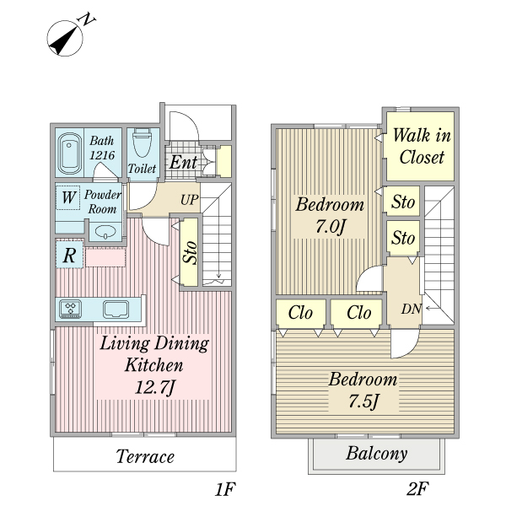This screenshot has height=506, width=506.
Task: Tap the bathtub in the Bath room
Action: [69, 153]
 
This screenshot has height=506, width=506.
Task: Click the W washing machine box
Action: [68, 197]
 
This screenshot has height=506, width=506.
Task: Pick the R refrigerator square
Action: [69, 255]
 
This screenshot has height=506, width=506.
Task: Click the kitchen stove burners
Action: [70, 309]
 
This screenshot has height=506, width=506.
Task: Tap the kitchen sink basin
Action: [116, 310]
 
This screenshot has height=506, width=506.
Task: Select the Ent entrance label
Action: [183, 162]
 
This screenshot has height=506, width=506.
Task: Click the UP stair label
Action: [189, 200]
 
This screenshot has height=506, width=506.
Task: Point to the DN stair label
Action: [412, 310]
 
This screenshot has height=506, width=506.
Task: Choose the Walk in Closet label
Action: [422, 146]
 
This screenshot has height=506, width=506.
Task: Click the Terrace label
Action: [145, 456]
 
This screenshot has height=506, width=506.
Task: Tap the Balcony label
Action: [377, 454]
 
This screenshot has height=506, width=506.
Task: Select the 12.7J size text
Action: [155, 387]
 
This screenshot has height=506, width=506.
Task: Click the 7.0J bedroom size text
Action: [330, 227]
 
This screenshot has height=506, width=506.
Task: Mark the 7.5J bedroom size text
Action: [363, 401]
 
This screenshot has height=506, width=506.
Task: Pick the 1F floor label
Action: [225, 488]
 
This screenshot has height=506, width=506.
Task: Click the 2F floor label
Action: [417, 488]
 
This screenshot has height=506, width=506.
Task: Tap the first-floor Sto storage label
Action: [189, 252]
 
